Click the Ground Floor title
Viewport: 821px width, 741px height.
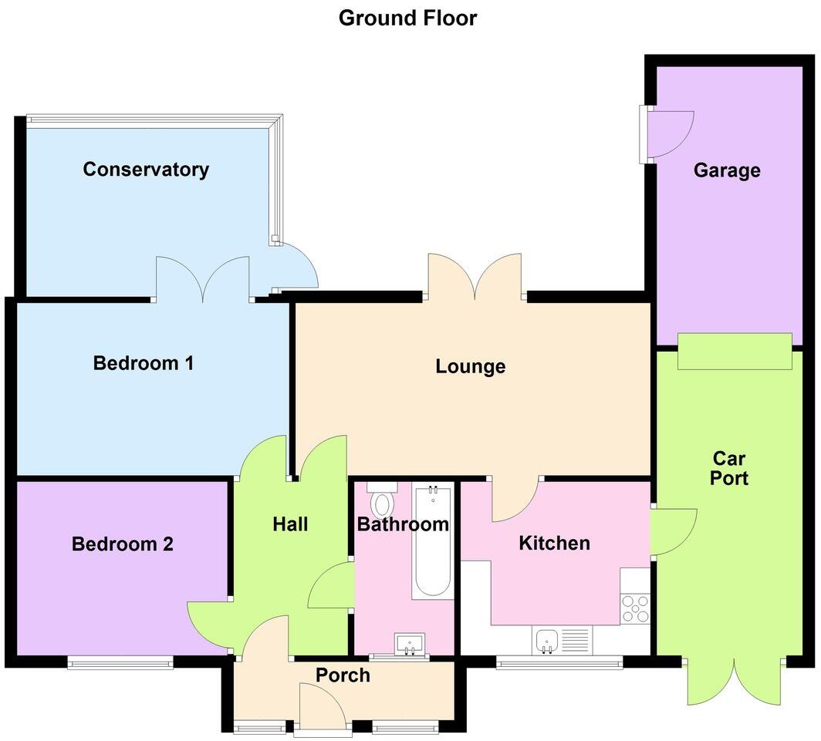tap(407, 17)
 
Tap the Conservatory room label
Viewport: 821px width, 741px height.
tap(146, 170)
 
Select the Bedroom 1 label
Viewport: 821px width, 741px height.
tap(143, 362)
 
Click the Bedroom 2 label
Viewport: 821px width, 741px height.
tap(122, 544)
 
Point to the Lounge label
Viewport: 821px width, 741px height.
tap(470, 366)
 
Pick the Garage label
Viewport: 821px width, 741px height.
tap(726, 170)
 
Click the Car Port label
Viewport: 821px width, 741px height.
tap(729, 468)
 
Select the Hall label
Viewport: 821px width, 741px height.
tap(290, 524)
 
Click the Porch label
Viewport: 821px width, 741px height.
tap(343, 675)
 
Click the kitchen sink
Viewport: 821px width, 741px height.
tap(546, 640)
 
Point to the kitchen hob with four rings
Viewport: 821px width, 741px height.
tap(635, 608)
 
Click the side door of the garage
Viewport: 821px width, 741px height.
tap(667, 136)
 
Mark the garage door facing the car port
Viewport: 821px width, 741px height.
tap(734, 352)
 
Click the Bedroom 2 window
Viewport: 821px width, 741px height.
tap(119, 662)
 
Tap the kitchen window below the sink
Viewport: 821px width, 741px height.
tap(558, 662)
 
